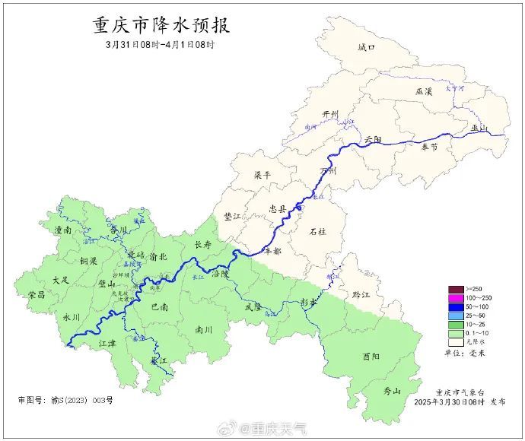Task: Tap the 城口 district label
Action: coord(367,47)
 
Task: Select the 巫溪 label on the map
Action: coord(424,91)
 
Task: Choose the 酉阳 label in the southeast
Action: coord(371,355)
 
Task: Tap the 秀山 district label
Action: coord(392,391)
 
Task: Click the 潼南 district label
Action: coord(62,229)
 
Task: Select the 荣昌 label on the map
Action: coord(37,294)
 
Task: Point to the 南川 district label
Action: coord(204,330)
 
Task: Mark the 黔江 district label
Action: coord(350,294)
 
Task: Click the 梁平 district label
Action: coord(262,175)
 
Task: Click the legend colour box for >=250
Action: coord(456,289)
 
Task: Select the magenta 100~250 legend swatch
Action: coord(456,297)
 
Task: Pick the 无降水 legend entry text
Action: coord(482,342)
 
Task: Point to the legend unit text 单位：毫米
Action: coord(473,353)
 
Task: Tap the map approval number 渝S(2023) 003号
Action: coord(65,400)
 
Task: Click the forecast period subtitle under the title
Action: coord(161,45)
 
